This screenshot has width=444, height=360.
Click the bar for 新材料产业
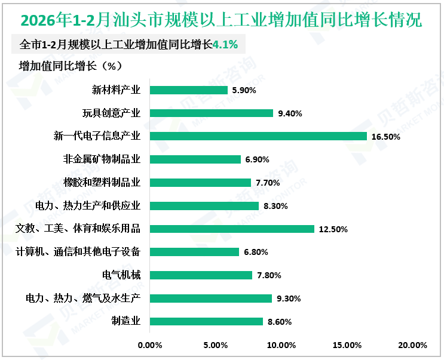point(188,90)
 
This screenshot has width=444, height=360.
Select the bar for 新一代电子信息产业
point(258,136)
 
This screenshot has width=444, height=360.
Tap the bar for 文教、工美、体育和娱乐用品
point(232,229)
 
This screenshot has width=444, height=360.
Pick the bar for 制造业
point(206,321)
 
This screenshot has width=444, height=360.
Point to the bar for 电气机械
point(201,275)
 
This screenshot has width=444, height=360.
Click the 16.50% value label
point(385,137)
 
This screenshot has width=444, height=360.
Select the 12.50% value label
point(333,229)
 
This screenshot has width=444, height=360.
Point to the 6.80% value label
point(256,252)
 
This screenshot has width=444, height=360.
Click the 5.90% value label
point(244,91)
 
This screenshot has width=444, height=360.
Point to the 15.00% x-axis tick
point(347,345)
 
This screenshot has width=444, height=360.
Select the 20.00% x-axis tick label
point(412,345)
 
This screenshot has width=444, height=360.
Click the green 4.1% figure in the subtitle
point(225,44)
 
